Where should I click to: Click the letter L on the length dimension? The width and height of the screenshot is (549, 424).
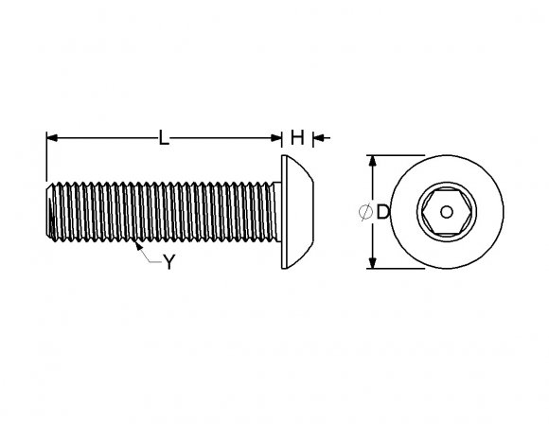(164, 138)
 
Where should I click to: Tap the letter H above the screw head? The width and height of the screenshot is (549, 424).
(296, 138)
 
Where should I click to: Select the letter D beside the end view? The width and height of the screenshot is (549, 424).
(382, 213)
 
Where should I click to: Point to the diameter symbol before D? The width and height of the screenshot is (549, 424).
(365, 213)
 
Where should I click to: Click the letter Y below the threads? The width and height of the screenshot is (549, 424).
(168, 263)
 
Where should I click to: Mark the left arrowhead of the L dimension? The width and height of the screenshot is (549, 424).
(51, 138)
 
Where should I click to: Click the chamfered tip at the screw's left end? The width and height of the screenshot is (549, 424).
(49, 212)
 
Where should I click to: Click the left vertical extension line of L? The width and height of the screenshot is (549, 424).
(45, 156)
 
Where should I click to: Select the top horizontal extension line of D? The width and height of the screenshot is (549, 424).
(398, 155)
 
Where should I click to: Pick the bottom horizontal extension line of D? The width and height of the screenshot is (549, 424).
(398, 269)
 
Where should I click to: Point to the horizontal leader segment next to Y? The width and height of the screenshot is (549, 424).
(154, 261)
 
